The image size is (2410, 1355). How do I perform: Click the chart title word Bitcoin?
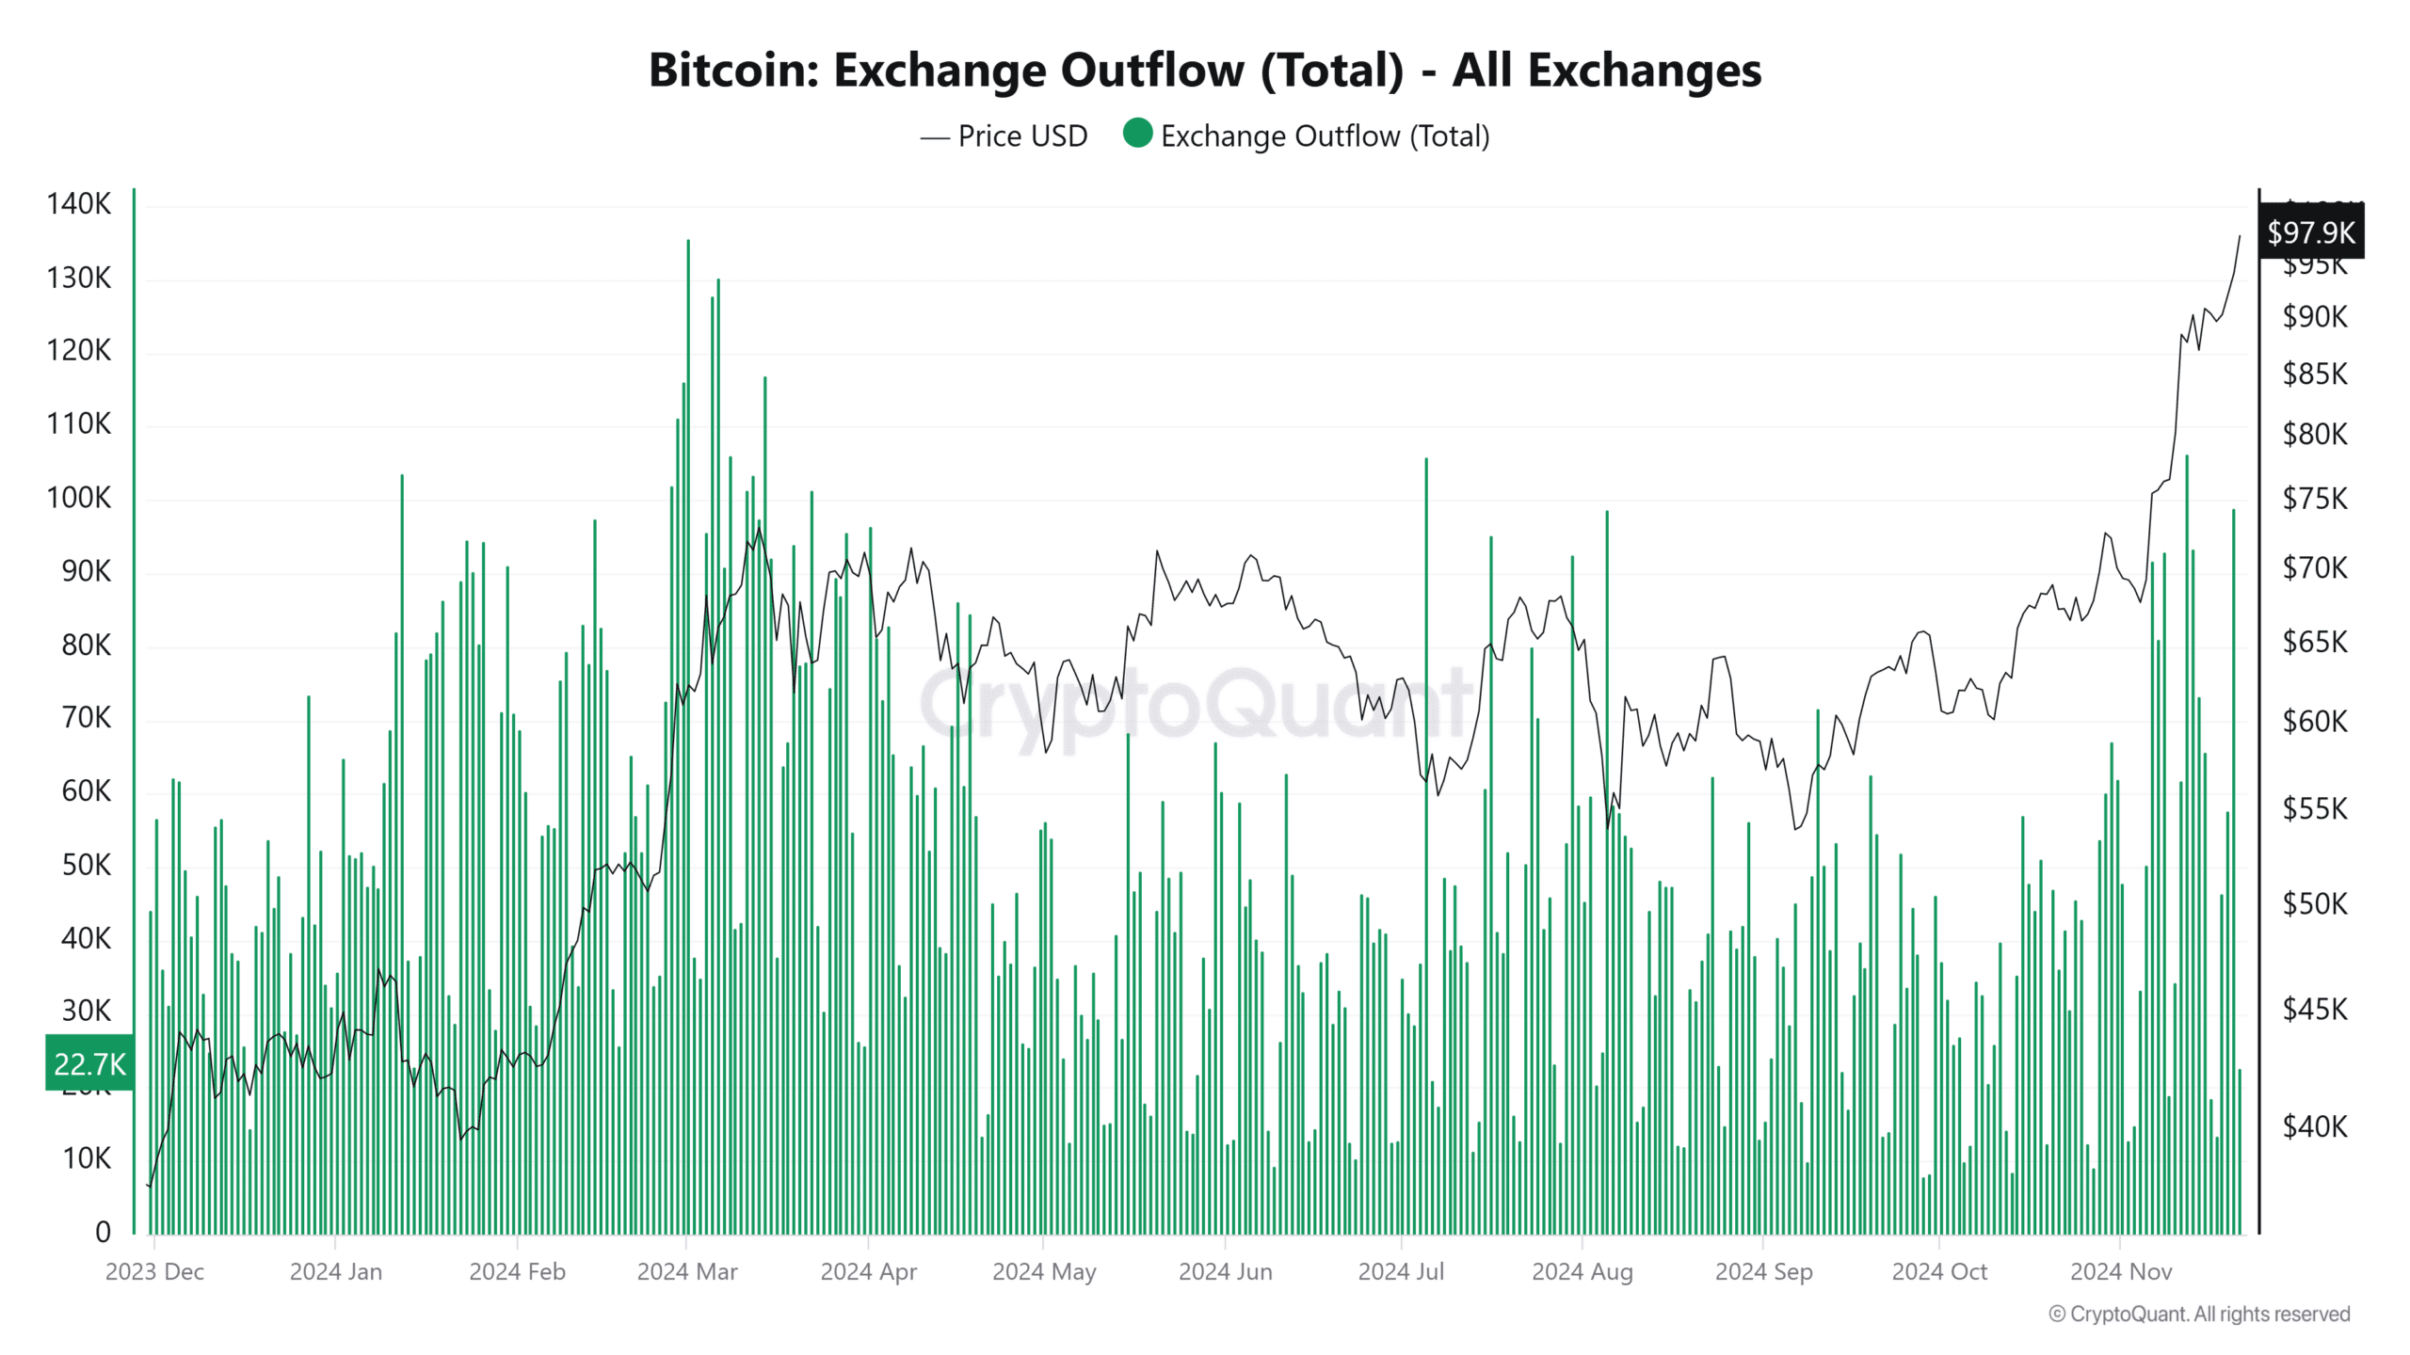coord(732,71)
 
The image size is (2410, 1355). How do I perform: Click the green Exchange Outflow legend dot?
coord(1137,134)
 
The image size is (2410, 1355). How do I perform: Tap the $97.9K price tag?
coord(2310,232)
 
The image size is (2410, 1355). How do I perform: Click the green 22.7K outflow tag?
coord(89,1064)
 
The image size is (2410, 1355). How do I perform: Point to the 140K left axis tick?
coord(79,204)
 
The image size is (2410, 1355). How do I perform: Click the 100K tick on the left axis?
coord(79,498)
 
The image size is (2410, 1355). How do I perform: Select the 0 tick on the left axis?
coord(103,1232)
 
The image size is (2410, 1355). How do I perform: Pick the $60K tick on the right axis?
coord(2314,722)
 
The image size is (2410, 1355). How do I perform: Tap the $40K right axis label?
coord(2314,1126)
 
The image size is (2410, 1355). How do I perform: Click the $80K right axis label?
coord(2314,435)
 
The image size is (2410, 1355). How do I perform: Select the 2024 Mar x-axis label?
coord(687,1272)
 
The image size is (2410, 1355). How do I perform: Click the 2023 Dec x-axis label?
coord(154,1272)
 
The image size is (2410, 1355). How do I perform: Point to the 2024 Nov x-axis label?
coord(2120,1272)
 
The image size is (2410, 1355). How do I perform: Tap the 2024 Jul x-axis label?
coord(1401,1272)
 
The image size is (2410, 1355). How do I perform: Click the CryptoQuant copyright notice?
coord(2199,1315)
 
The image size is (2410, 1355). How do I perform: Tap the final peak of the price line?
coord(2239,236)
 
